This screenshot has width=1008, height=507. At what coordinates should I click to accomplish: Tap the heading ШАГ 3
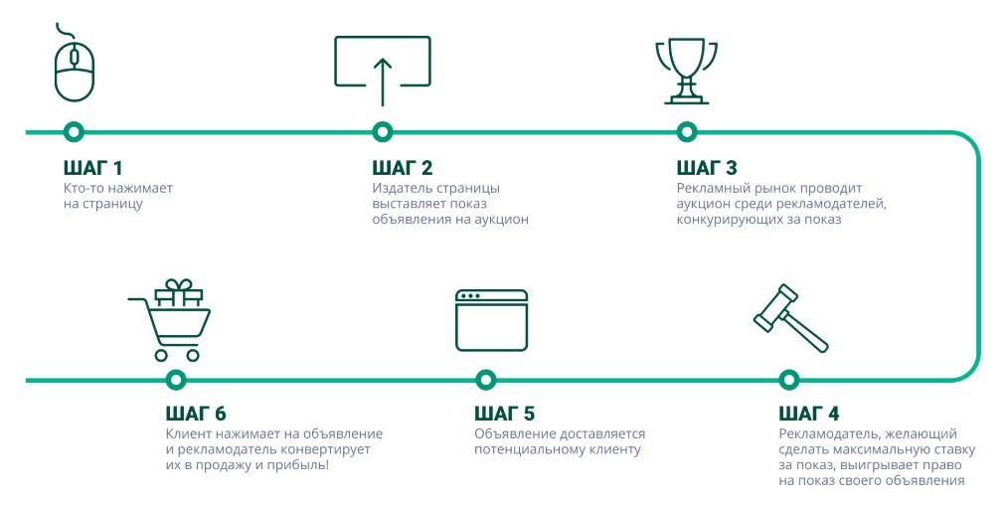click(x=706, y=168)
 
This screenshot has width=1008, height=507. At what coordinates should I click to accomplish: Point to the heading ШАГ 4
click(x=809, y=414)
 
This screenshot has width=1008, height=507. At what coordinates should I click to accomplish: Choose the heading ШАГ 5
click(x=504, y=414)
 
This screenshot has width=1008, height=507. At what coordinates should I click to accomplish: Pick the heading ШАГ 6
click(x=196, y=414)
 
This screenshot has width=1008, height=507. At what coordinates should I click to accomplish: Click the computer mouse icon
click(x=75, y=67)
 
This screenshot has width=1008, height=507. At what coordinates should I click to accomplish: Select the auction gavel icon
click(x=789, y=317)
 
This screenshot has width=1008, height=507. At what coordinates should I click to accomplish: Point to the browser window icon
click(x=491, y=319)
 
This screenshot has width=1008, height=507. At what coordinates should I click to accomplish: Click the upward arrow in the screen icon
click(x=382, y=80)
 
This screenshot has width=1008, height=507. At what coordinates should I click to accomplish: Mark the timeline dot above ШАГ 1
click(x=73, y=131)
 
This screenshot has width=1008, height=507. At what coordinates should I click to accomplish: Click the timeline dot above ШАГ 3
click(x=686, y=131)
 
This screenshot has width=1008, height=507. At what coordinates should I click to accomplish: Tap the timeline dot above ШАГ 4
click(x=788, y=379)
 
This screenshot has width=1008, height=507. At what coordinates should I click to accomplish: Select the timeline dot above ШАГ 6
click(x=176, y=379)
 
